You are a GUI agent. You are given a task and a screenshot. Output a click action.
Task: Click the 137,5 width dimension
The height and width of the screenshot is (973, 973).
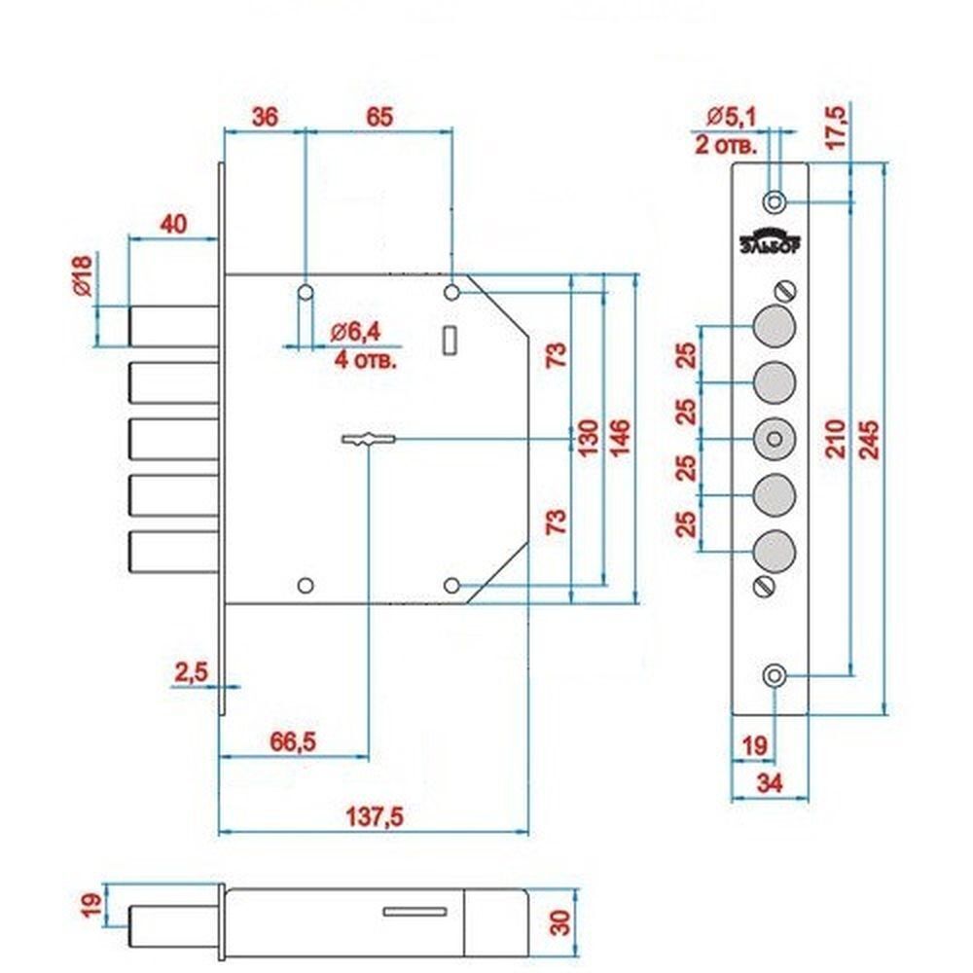[375, 816]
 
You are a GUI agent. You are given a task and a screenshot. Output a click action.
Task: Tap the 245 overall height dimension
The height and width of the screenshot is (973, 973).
[869, 440]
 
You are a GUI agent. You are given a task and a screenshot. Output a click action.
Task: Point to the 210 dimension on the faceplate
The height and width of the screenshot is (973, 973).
[837, 438]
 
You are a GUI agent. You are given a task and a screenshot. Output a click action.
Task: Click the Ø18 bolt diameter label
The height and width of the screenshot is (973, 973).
[82, 275]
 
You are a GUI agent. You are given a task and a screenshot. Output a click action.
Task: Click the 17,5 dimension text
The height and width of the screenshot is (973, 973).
[835, 127]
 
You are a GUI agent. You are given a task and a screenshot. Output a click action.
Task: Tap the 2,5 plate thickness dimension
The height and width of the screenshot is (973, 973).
[191, 672]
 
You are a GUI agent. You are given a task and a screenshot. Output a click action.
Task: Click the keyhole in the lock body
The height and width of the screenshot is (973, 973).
[369, 440]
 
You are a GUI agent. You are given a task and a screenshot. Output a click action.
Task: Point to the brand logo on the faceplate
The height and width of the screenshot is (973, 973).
[770, 243]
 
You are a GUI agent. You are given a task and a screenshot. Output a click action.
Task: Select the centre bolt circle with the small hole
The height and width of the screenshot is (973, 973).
[775, 440]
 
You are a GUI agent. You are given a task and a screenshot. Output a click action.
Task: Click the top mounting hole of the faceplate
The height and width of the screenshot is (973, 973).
[775, 201]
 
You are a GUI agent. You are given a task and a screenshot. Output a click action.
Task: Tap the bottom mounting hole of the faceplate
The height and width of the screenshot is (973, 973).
[775, 676]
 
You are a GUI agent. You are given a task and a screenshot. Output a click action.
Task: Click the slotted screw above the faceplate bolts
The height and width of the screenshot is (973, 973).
[785, 290]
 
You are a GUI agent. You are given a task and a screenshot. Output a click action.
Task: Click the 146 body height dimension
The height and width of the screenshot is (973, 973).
[620, 438]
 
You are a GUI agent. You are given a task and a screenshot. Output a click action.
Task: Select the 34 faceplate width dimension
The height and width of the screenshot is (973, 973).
[770, 783]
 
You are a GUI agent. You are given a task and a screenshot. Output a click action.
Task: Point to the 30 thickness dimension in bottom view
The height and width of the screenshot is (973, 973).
[560, 922]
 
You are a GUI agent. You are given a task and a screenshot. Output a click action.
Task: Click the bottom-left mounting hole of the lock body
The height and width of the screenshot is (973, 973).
[306, 585]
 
